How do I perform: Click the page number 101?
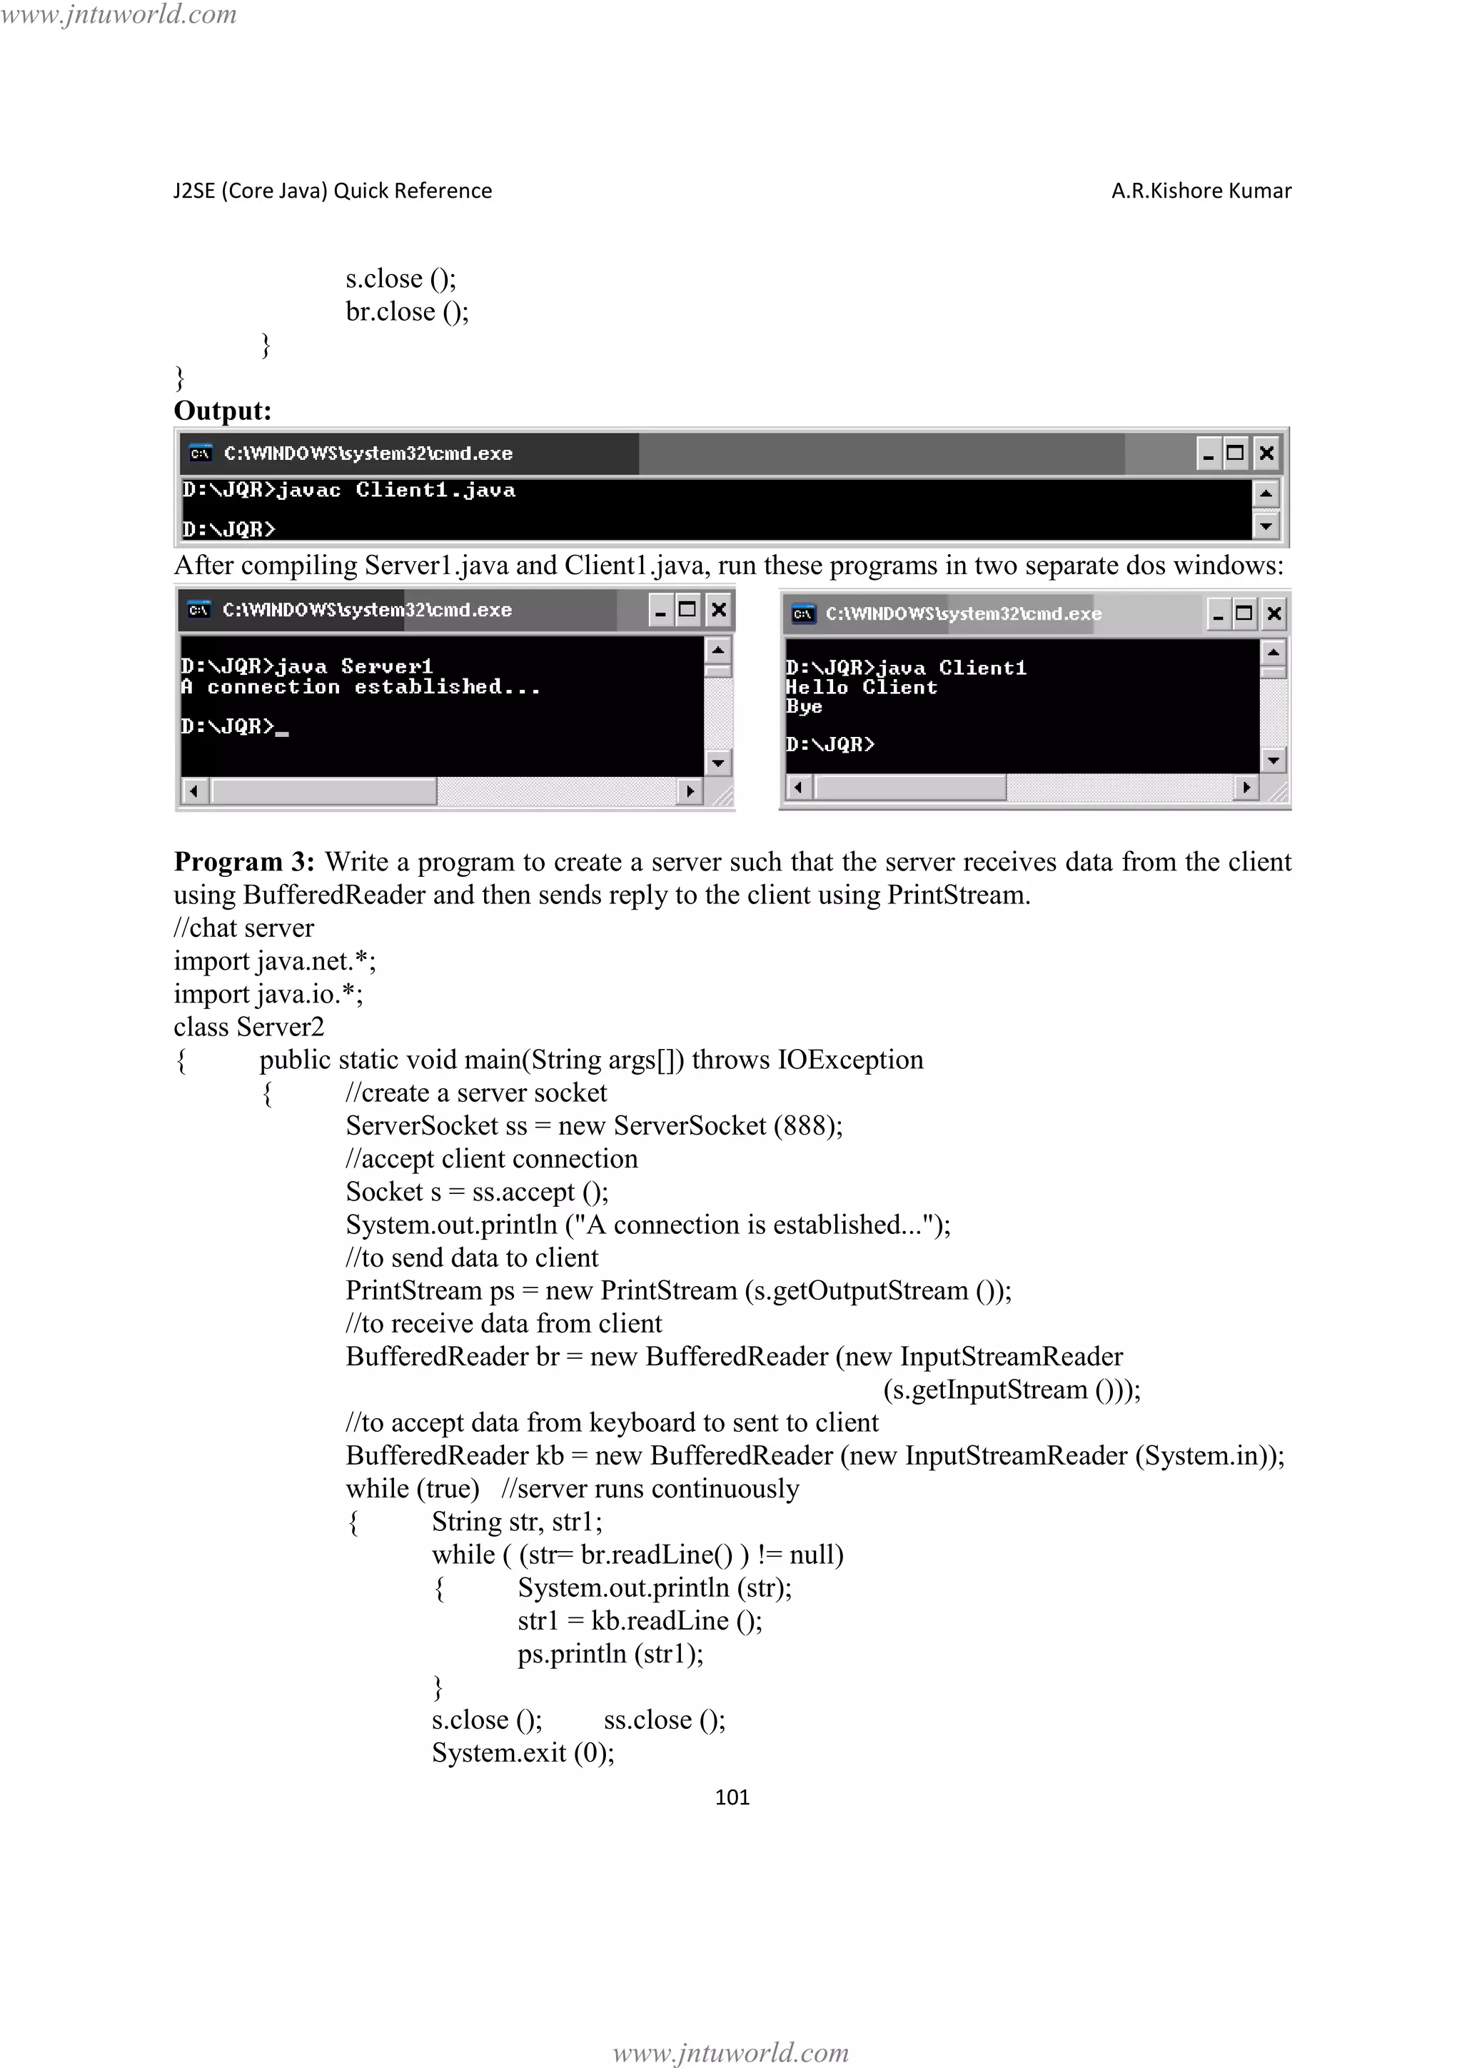coord(731,1797)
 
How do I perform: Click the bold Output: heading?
coord(222,411)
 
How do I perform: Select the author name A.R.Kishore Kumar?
coord(1201,191)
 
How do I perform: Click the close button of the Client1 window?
coord(1274,614)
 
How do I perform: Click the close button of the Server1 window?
coord(718,611)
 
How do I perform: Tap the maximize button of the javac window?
coord(1235,453)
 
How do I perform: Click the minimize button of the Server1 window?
coord(661,611)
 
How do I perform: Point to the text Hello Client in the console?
coord(861,687)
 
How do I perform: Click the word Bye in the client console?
coord(803,707)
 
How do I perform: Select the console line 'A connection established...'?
coord(360,687)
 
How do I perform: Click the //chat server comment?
coord(244,928)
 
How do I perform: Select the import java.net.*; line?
coord(275,961)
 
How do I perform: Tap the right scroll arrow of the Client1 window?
coord(1246,787)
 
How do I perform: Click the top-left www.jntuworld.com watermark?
coord(119,14)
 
